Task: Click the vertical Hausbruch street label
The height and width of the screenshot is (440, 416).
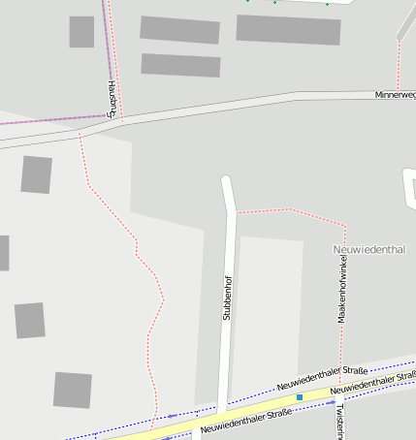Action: pyautogui.click(x=112, y=100)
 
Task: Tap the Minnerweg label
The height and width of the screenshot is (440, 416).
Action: pyautogui.click(x=395, y=95)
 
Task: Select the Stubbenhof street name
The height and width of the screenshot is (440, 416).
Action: pyautogui.click(x=227, y=299)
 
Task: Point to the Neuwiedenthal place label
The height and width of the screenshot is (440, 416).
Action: pyautogui.click(x=368, y=250)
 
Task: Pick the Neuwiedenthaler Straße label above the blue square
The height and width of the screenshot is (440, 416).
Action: pyautogui.click(x=322, y=381)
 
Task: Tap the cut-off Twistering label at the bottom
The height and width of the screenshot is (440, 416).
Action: pyautogui.click(x=337, y=421)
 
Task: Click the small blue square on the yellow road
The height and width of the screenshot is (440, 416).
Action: pyautogui.click(x=301, y=397)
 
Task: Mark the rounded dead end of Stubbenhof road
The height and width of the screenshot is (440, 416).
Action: pyautogui.click(x=227, y=180)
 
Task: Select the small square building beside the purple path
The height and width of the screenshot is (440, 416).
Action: pyautogui.click(x=81, y=32)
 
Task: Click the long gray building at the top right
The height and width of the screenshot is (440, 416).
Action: pyautogui.click(x=288, y=29)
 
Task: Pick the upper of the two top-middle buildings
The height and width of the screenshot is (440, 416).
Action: pyautogui.click(x=179, y=29)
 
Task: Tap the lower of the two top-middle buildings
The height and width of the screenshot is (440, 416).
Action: pyautogui.click(x=180, y=65)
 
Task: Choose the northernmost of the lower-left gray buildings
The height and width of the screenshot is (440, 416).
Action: pyautogui.click(x=37, y=174)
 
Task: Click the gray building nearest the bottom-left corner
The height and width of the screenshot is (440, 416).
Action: pyautogui.click(x=73, y=390)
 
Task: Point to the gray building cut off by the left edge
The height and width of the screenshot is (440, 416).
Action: pyautogui.click(x=4, y=253)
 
